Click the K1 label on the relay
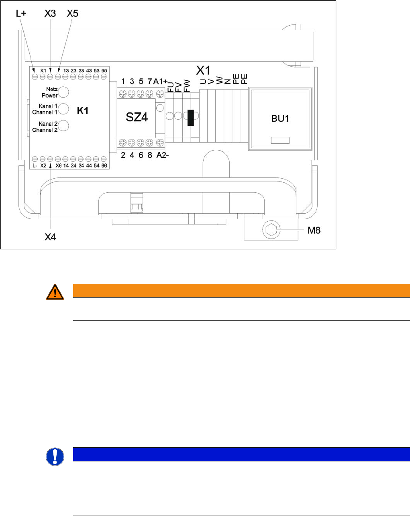tap(83, 111)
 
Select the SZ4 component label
tap(137, 117)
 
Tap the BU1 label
tap(280, 118)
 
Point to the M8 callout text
tap(314, 230)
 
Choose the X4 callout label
tap(50, 237)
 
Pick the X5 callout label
tap(72, 13)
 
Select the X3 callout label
tap(50, 13)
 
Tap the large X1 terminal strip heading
tap(203, 71)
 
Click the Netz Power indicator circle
tap(63, 92)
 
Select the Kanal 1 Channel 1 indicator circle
tap(63, 109)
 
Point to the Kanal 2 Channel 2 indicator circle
tap(63, 126)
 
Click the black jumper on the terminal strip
tap(191, 117)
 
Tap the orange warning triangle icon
tap(55, 292)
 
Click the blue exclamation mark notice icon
tap(55, 457)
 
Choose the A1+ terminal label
tap(160, 82)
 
